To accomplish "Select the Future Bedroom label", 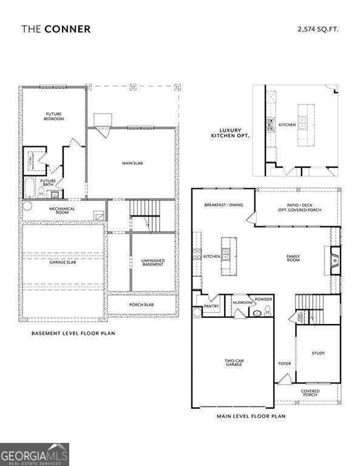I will click(55, 116).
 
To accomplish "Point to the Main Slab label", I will click(132, 163).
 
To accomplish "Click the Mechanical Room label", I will click(62, 211).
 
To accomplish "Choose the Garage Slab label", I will click(62, 262).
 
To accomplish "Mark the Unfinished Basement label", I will click(153, 262).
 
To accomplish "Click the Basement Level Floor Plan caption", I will click(73, 333).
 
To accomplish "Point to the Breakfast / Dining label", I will click(223, 205).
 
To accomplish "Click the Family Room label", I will click(293, 258).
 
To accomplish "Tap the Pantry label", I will click(211, 306).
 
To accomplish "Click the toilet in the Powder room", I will click(256, 313).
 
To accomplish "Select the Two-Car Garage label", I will click(234, 363).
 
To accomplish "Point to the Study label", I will click(318, 353).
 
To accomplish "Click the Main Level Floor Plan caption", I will click(251, 416).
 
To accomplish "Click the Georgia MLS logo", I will click(35, 454).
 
